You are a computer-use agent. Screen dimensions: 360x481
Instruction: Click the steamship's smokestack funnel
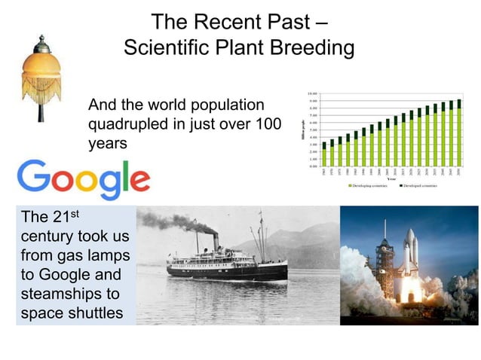click(x=215, y=241)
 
